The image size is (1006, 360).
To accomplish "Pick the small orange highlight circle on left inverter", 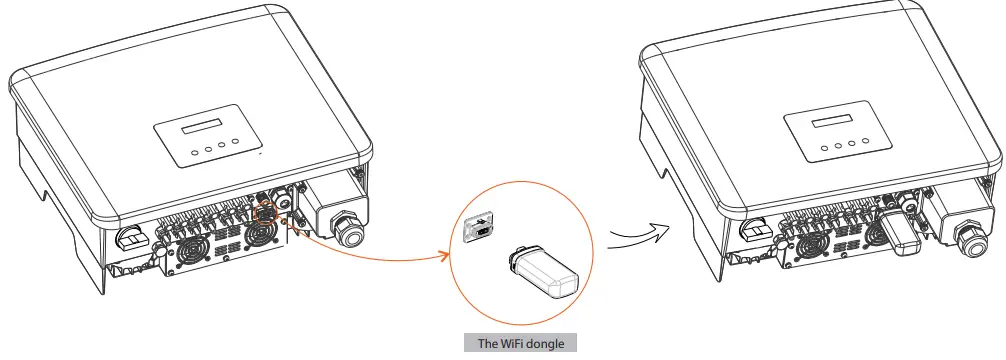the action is (267, 214).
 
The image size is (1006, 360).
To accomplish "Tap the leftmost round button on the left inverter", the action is (181, 158).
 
